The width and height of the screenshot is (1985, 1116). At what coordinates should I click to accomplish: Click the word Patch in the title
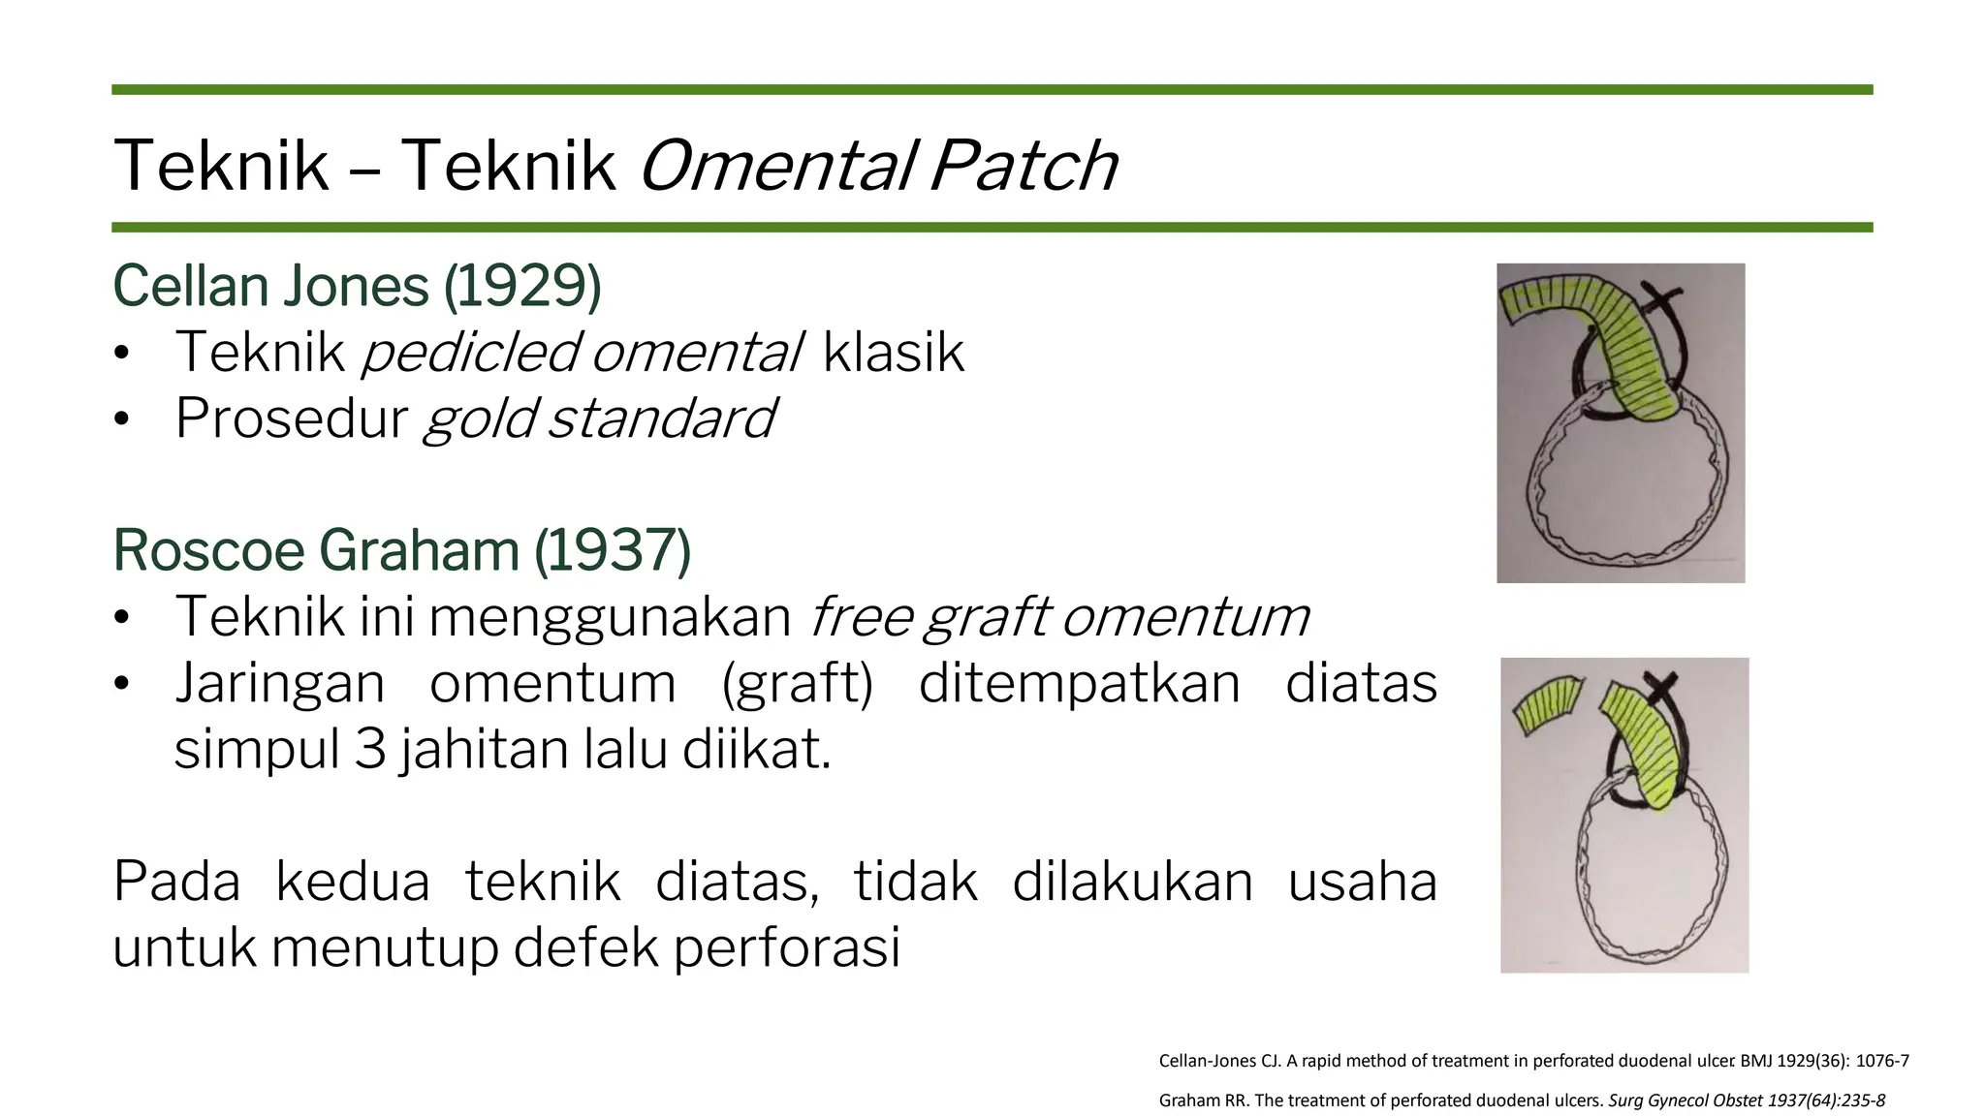[1023, 166]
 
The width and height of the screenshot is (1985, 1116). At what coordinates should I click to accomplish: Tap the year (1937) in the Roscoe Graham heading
[613, 550]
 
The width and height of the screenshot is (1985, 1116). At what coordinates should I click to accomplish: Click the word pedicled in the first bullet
[471, 352]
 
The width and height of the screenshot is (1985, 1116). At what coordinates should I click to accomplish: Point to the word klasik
[893, 352]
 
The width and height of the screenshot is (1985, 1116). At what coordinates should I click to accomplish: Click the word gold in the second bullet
[478, 418]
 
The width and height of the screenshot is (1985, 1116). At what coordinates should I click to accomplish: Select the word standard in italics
[662, 418]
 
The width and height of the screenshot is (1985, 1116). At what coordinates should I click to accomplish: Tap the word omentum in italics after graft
[1185, 617]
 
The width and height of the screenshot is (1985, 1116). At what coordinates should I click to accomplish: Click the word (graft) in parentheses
[798, 683]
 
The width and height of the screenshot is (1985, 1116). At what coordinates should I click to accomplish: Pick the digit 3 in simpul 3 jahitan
[369, 750]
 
